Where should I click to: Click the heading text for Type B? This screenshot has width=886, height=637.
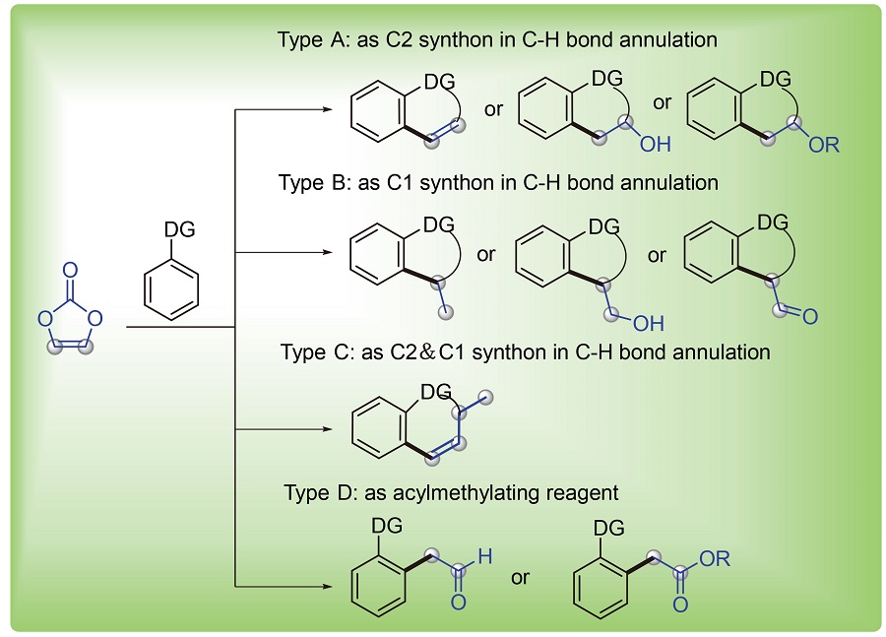coord(498,183)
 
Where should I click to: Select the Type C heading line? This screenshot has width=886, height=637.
coord(525,350)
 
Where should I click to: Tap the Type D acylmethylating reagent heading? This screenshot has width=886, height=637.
coord(451,492)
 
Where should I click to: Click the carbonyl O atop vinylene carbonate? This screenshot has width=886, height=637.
coord(68,268)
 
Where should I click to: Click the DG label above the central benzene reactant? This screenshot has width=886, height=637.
coord(181,229)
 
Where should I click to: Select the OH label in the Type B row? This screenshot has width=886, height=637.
coord(649,322)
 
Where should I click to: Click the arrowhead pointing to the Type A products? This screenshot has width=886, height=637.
coord(330,110)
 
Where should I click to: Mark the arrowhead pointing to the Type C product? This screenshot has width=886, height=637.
coord(330,429)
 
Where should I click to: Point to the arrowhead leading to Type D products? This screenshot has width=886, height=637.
coord(330,589)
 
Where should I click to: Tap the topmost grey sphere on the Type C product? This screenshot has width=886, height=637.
coord(484,396)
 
